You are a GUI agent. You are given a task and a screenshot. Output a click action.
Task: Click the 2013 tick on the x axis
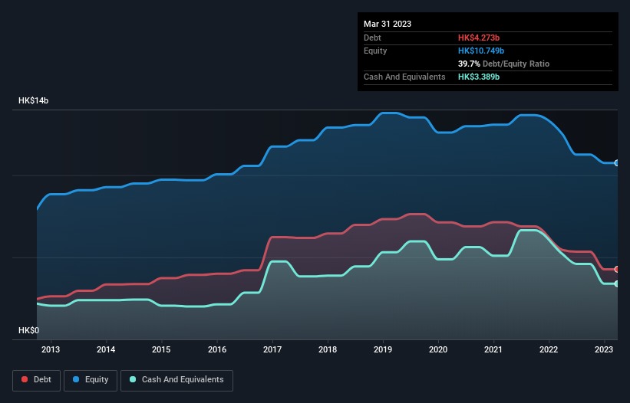[x=51, y=350]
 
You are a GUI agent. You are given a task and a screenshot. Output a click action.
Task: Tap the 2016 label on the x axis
[x=217, y=350]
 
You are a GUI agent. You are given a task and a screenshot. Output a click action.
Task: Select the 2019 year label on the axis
[x=383, y=350]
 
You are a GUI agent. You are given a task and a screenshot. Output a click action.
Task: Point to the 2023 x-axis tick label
[x=604, y=350]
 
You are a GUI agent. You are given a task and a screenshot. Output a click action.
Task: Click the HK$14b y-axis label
[x=34, y=101]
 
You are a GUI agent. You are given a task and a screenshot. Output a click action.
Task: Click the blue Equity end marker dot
[x=617, y=163]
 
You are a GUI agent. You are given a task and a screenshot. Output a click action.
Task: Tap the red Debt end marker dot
[x=617, y=270]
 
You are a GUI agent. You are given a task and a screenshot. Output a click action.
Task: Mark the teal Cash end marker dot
[x=617, y=284]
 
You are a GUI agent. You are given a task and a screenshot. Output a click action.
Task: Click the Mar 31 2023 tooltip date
[x=388, y=24]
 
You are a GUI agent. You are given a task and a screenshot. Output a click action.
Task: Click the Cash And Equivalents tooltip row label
[x=404, y=77]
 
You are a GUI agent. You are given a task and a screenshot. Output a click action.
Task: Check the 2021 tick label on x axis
[x=493, y=350]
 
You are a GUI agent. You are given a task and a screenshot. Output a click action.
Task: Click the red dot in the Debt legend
[x=25, y=380]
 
